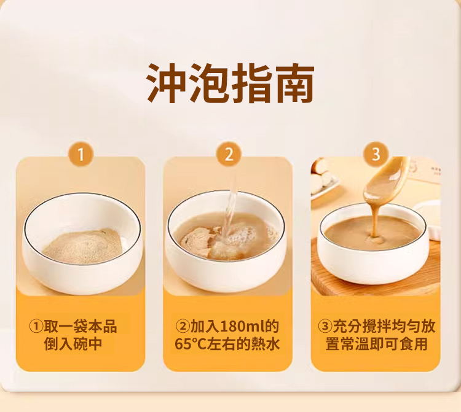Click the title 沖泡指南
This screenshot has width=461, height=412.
230,83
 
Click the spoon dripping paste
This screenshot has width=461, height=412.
382,179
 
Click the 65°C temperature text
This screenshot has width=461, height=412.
191,344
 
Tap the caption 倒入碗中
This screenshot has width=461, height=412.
73,344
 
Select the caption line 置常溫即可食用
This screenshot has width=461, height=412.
376,344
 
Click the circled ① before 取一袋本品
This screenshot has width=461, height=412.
36,327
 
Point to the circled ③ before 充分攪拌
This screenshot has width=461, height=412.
325,327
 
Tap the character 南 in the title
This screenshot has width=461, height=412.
294,83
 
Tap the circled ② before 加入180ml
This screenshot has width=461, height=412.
183,327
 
